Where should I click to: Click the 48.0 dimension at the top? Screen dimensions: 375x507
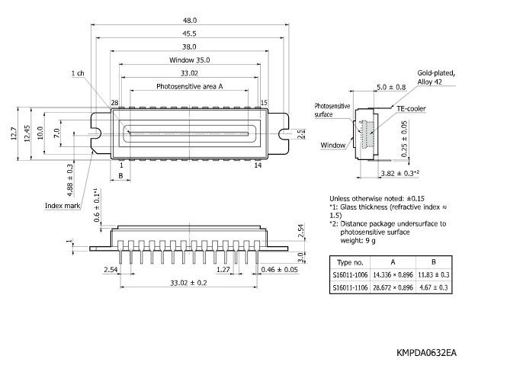[x=189, y=21]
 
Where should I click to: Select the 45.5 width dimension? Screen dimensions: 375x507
[x=189, y=34]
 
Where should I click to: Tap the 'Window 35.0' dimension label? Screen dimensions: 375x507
[x=189, y=60]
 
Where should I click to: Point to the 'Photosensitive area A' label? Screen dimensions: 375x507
[x=189, y=87]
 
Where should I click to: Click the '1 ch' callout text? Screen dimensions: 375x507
[x=78, y=73]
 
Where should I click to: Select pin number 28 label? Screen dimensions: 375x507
[x=115, y=102]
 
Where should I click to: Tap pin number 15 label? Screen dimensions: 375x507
[x=265, y=102]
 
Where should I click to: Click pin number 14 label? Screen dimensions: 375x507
[x=258, y=165]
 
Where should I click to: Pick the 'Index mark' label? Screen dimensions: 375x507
[x=62, y=205]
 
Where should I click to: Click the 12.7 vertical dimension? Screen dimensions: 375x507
[x=12, y=134]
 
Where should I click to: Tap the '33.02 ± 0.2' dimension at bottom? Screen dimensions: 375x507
[x=189, y=283]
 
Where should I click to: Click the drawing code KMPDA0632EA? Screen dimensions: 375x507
[x=427, y=354]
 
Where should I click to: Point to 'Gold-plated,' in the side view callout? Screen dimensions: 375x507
[x=436, y=73]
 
